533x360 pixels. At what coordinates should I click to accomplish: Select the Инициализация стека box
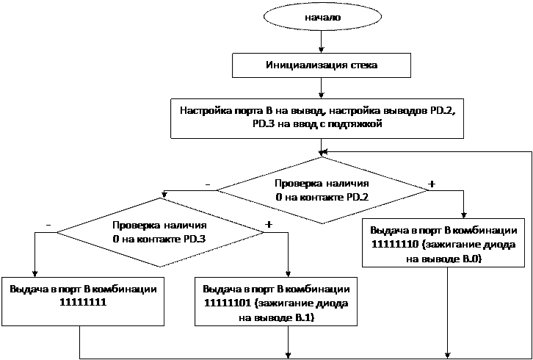point(322,65)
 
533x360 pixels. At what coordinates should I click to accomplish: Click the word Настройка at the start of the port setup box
point(203,110)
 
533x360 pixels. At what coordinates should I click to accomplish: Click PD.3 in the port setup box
point(262,124)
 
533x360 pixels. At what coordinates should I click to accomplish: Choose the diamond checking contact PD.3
point(159,232)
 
